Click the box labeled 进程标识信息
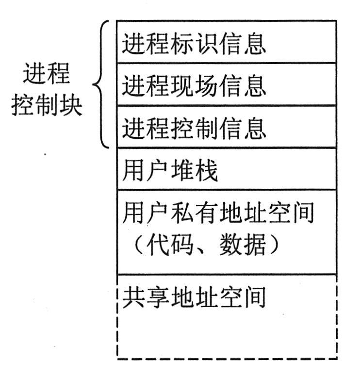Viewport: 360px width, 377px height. (x=227, y=42)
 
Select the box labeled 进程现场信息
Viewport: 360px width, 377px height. (x=227, y=84)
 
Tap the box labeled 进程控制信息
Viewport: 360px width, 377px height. (x=227, y=127)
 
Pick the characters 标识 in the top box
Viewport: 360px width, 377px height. (x=194, y=45)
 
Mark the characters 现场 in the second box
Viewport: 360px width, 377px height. (x=194, y=88)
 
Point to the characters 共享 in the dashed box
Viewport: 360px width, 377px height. (x=146, y=297)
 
